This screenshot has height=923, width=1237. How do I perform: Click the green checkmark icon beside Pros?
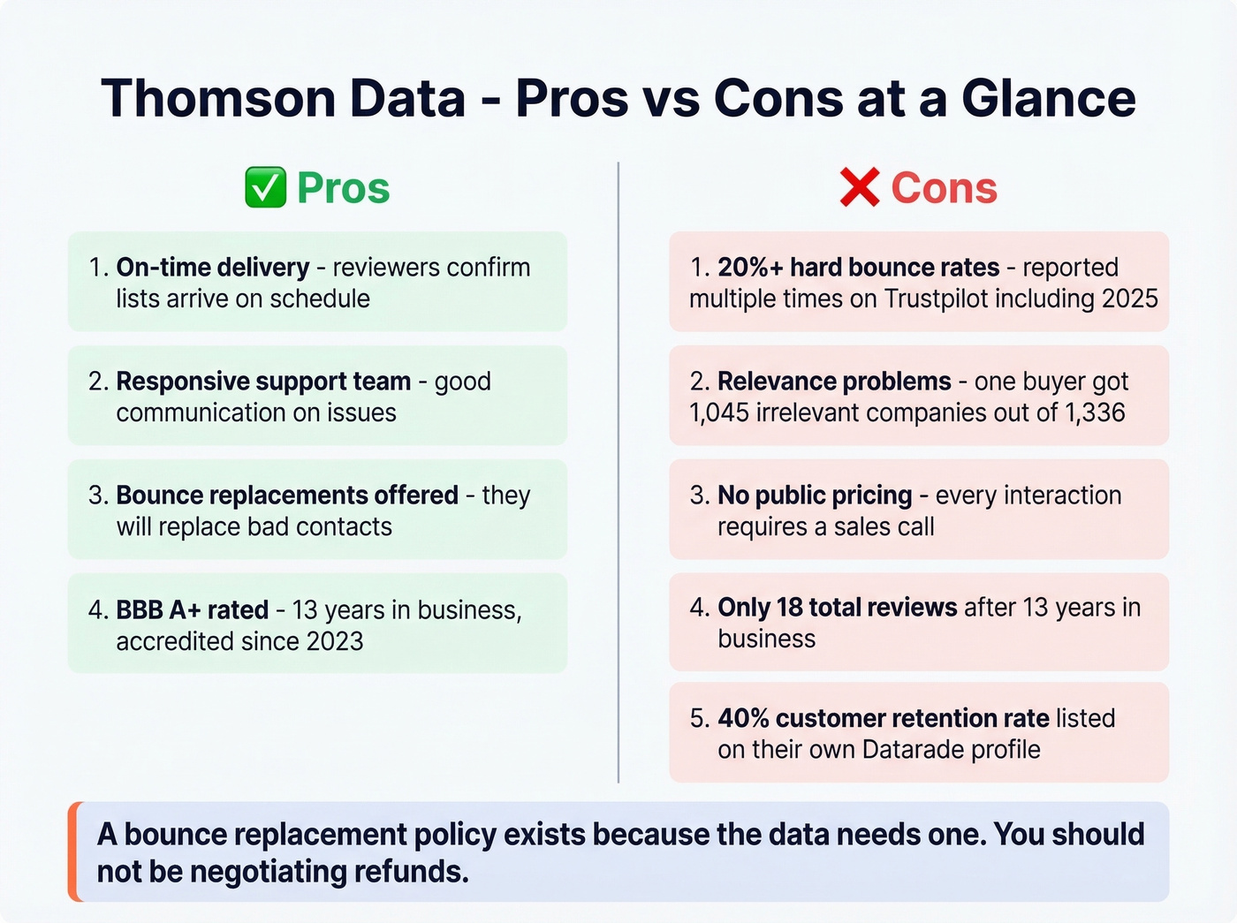[x=265, y=188]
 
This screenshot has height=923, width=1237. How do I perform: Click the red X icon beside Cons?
[x=860, y=188]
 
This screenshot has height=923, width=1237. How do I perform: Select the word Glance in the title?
[x=1049, y=98]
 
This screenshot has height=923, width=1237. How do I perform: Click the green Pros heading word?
[x=344, y=188]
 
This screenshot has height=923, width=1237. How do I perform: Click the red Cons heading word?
[x=944, y=188]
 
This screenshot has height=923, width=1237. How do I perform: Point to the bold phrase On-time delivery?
[x=213, y=267]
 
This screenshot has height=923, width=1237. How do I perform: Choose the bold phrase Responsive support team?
[x=263, y=381]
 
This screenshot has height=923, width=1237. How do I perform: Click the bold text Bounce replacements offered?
[x=287, y=495]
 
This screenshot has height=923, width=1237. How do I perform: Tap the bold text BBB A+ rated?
[x=193, y=609]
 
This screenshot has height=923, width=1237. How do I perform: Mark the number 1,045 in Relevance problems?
[x=719, y=412]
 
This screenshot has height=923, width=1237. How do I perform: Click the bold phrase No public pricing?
[x=815, y=495]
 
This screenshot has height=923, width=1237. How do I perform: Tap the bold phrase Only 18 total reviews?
[x=838, y=608]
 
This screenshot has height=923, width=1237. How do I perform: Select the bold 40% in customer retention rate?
[x=743, y=718]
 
